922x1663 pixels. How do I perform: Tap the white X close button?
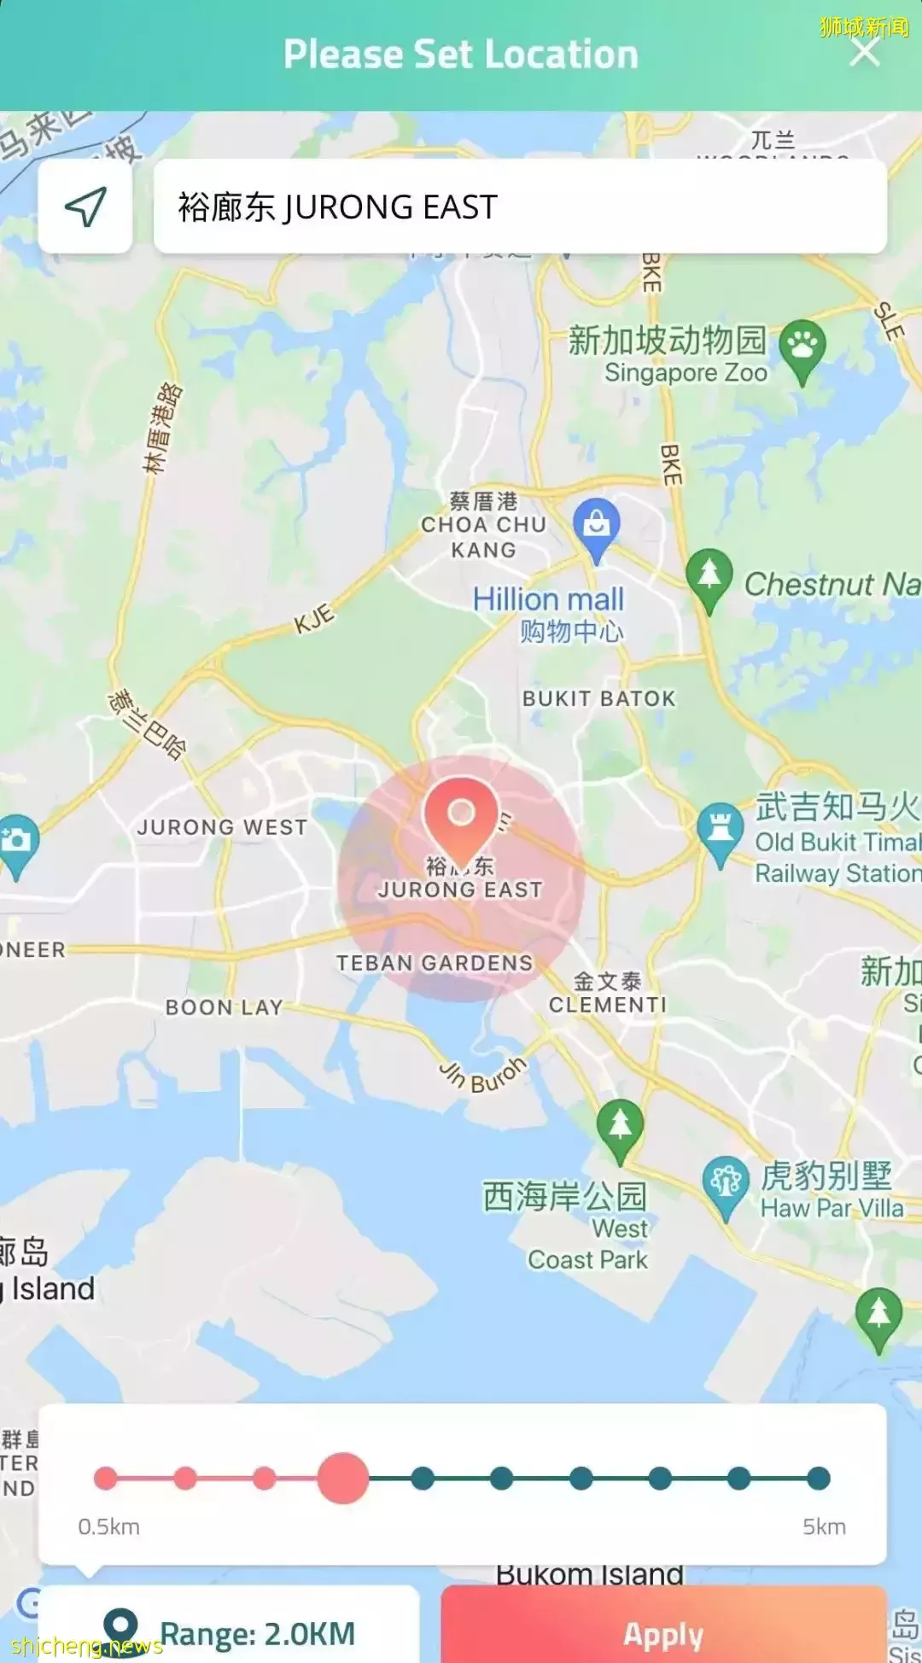865,53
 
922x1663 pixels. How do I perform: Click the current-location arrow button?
85,207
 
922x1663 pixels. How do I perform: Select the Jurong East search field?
519,207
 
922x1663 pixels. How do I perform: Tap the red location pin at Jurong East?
461,817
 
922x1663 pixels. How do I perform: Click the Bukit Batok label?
598,698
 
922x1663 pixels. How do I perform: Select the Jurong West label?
222,827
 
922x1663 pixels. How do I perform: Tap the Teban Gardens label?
434,963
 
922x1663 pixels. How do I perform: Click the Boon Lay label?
224,1007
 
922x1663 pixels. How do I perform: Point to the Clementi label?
607,1004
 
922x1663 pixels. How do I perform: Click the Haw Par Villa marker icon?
726,1183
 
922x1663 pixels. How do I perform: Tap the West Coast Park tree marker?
620,1128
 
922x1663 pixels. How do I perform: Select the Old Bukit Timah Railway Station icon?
720,831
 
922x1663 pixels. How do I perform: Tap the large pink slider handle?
342,1478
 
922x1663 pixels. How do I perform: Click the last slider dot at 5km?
818,1478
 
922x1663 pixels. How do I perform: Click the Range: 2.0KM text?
257,1633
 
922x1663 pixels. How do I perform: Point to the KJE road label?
314,619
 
